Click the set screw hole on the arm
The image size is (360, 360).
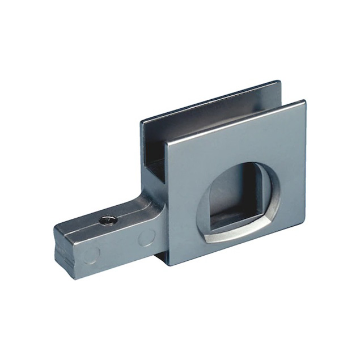(x=107, y=219)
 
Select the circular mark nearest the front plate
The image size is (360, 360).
(x=146, y=236)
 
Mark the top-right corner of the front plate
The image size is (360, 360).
(x=305, y=102)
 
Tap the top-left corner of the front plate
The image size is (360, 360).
(x=167, y=140)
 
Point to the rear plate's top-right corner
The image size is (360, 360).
(x=280, y=82)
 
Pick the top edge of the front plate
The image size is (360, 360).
(x=235, y=121)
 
